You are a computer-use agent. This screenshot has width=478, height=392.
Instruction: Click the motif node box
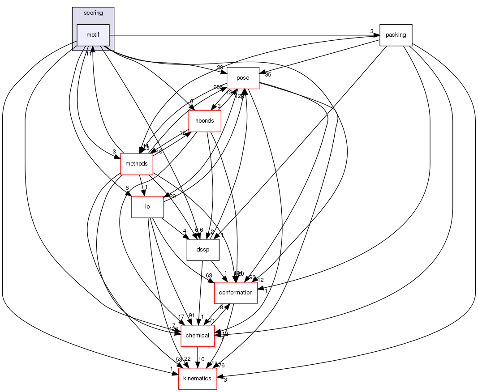point(93,35)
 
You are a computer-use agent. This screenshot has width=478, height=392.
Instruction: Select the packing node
point(396,35)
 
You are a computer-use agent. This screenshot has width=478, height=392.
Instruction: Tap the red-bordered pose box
point(243,78)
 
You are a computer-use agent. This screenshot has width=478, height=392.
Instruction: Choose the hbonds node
point(205,121)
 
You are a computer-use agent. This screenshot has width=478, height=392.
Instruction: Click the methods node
point(137,164)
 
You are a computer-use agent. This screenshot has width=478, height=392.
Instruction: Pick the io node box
point(147,207)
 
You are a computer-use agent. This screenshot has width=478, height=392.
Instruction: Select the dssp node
point(202,250)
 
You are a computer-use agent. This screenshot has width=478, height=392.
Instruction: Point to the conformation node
point(236,293)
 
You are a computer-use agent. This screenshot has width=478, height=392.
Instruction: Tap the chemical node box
point(197,336)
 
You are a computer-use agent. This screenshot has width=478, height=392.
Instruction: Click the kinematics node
point(198,379)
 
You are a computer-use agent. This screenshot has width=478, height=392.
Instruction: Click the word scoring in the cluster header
point(93,13)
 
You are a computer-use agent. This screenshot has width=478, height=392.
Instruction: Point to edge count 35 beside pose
point(268,75)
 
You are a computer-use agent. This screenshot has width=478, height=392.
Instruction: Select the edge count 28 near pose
point(220,67)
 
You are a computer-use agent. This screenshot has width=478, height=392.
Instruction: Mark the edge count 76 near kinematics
point(221,365)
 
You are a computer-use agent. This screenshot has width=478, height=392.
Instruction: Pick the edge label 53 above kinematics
point(179,360)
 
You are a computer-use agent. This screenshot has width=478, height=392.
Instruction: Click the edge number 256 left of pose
point(218,87)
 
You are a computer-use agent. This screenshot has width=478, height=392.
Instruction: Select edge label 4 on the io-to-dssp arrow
point(184,231)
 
